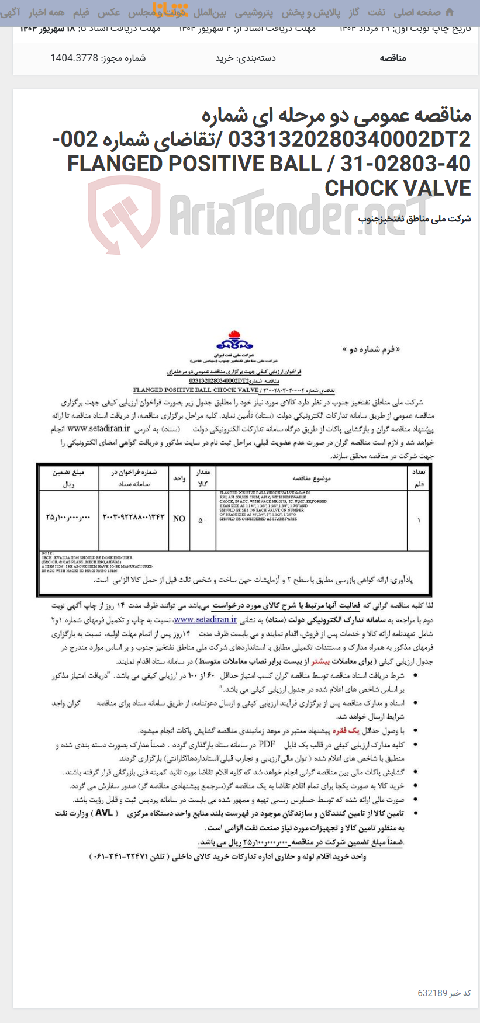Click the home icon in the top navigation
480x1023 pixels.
pyautogui.click(x=449, y=12)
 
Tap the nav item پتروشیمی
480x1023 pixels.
pyautogui.click(x=254, y=12)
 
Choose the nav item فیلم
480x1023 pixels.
pyautogui.click(x=81, y=12)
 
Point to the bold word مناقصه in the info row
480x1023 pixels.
pyautogui.click(x=392, y=58)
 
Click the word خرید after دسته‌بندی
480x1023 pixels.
pyautogui.click(x=225, y=58)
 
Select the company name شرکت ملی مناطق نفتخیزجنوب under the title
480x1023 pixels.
pyautogui.click(x=414, y=219)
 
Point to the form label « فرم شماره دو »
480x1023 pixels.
pyautogui.click(x=371, y=349)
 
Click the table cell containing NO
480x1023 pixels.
pyautogui.click(x=179, y=518)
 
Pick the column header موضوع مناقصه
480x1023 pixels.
pyautogui.click(x=311, y=478)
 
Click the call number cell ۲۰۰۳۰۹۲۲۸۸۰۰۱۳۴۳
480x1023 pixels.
pyautogui.click(x=134, y=518)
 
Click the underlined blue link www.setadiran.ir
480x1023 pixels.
pyautogui.click(x=205, y=619)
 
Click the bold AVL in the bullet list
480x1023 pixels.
pyautogui.click(x=103, y=813)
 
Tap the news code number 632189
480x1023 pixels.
pyautogui.click(x=432, y=993)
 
